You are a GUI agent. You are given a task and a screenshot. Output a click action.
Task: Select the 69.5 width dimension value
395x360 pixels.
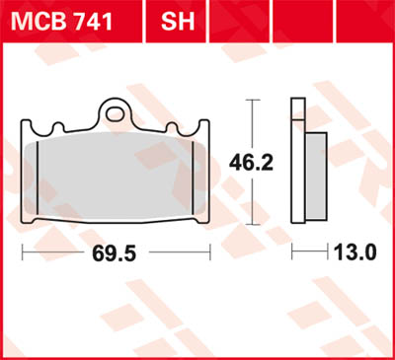(x=117, y=252)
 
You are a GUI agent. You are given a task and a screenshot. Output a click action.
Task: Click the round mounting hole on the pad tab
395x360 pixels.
(x=118, y=112)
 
